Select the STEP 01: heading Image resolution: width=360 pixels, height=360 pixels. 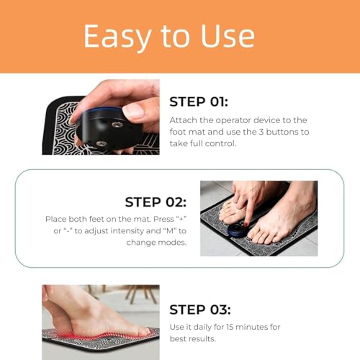199,102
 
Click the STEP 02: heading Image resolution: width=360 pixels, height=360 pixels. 156,202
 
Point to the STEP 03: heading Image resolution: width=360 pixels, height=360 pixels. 199,310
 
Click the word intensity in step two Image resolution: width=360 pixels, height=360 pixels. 122,231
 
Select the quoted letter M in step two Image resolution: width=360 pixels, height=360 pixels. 161,231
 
